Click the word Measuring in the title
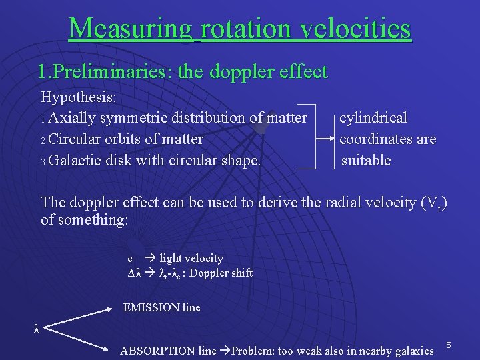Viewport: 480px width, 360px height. (x=130, y=29)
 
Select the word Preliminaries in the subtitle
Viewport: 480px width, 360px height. (x=111, y=71)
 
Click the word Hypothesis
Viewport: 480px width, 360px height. (x=79, y=97)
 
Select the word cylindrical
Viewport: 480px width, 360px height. (x=373, y=118)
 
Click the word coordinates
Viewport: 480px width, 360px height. (x=376, y=139)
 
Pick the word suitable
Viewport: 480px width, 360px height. (x=366, y=161)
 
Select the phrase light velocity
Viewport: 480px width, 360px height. (x=191, y=258)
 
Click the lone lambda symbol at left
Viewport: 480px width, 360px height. (x=37, y=328)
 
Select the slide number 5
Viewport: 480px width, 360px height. (x=449, y=345)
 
